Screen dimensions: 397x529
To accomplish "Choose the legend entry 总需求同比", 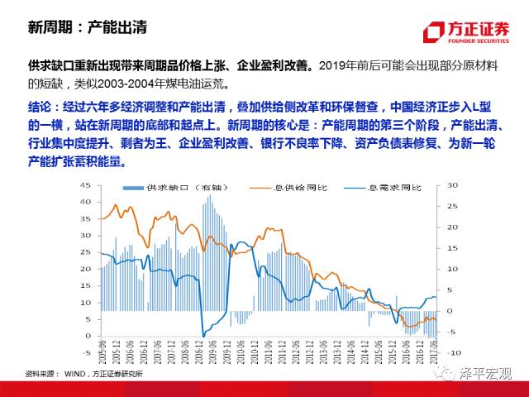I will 388,189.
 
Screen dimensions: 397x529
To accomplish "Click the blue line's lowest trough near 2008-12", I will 203,335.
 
